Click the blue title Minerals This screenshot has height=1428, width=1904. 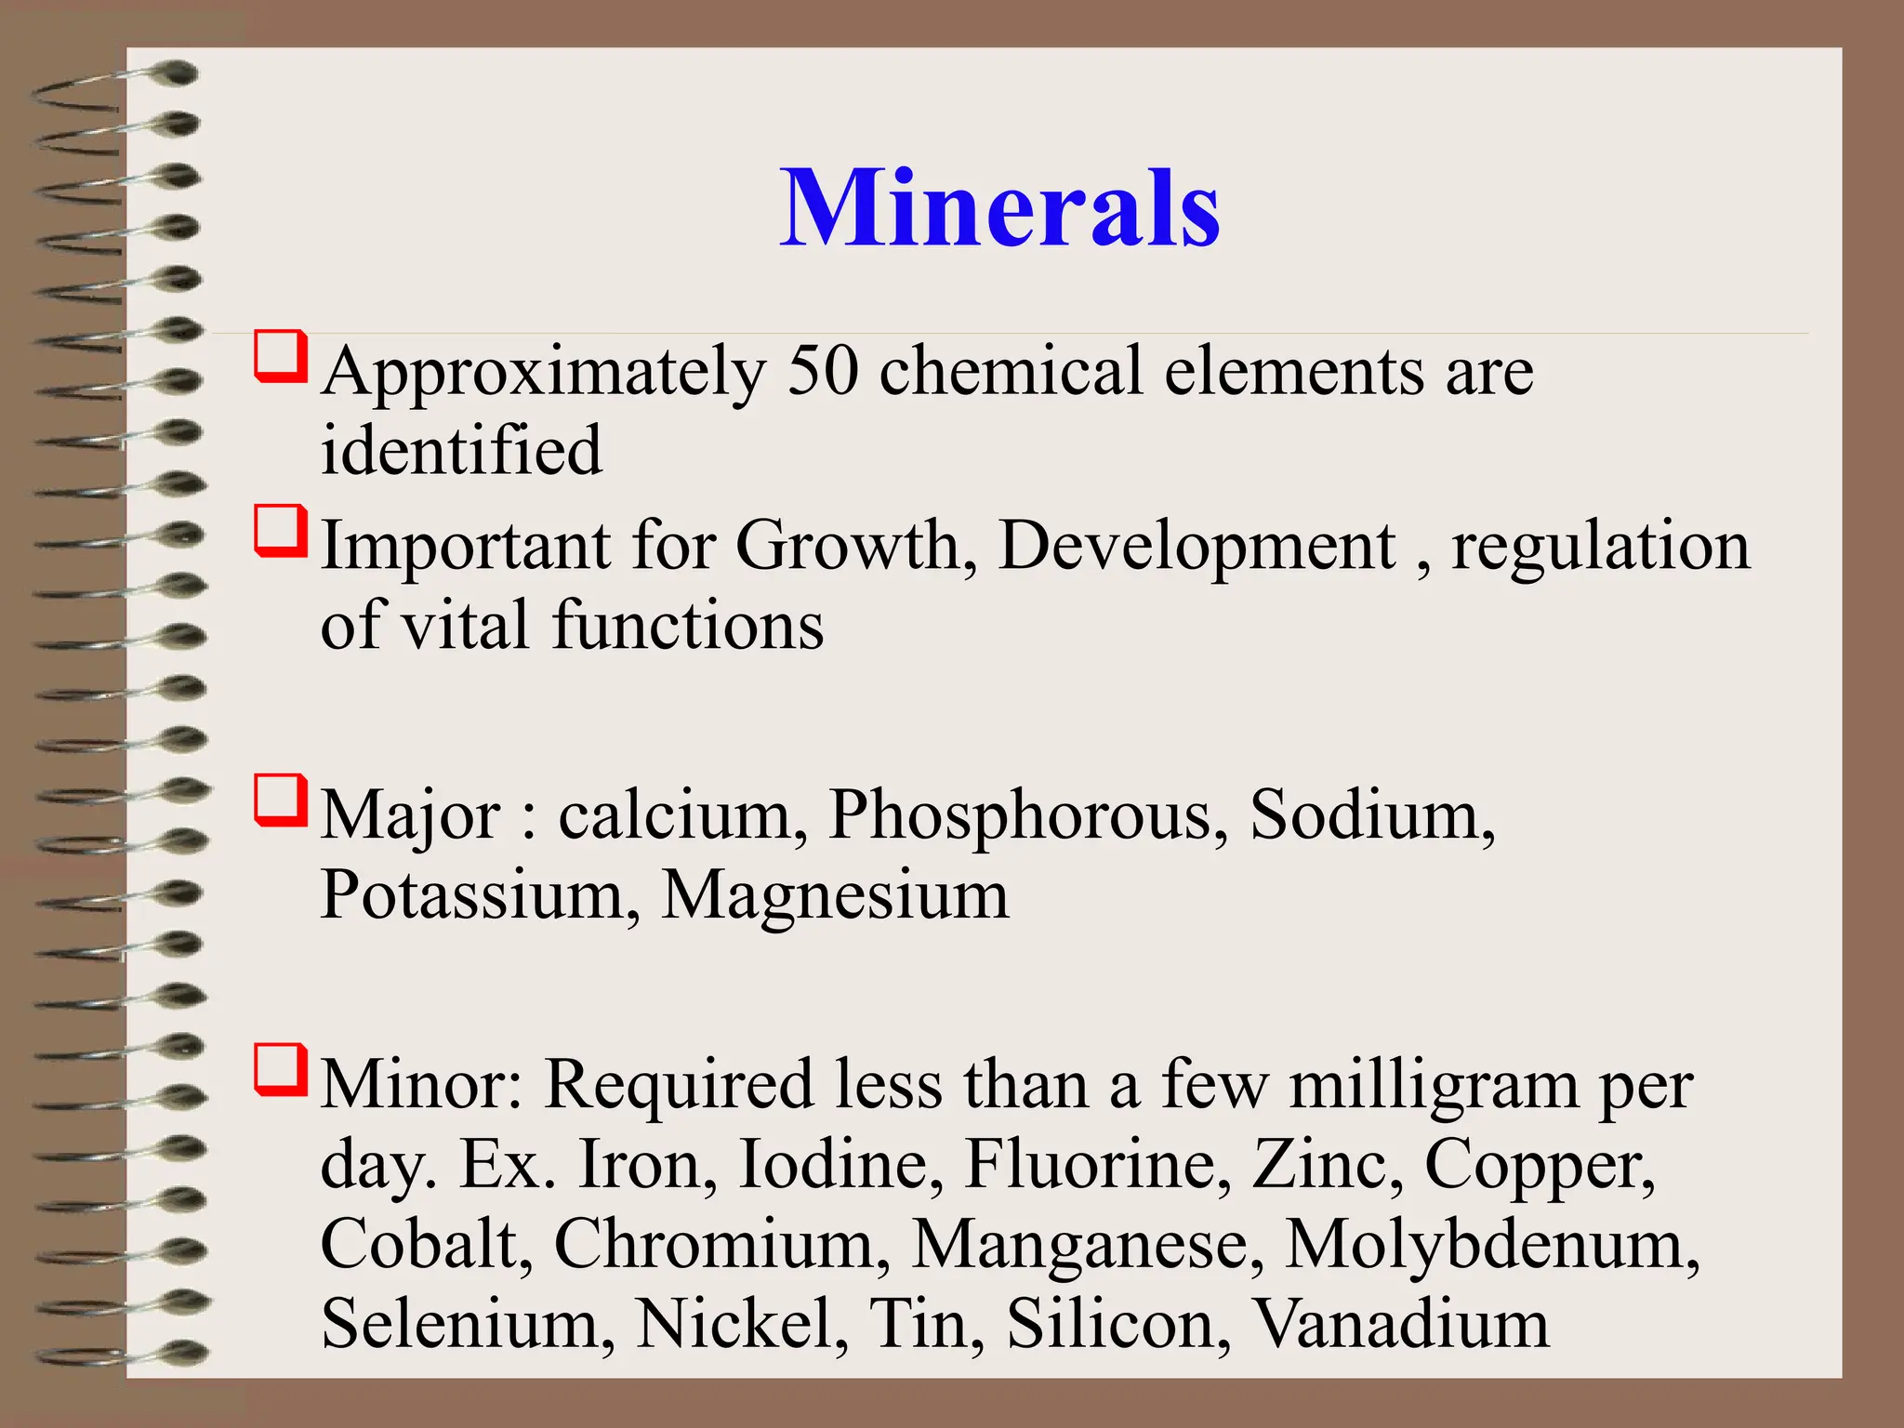999,208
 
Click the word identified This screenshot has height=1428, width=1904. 461,450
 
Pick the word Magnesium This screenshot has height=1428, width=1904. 835,896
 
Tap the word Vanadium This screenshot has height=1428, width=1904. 1401,1324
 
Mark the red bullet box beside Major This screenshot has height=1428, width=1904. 281,800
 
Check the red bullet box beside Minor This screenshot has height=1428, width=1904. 281,1070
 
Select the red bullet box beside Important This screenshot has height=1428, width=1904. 281,531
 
